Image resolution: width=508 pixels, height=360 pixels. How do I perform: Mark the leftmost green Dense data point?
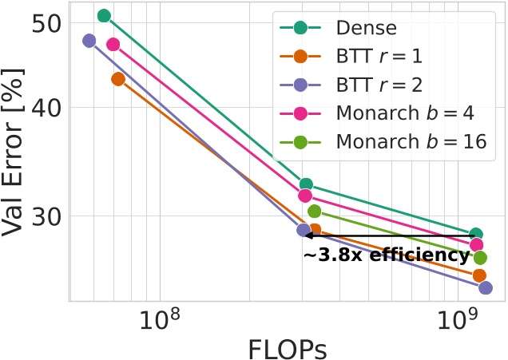[104, 16]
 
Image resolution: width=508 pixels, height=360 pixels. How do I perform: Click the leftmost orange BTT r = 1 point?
[118, 78]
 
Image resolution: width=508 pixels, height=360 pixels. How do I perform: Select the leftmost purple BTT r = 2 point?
[89, 41]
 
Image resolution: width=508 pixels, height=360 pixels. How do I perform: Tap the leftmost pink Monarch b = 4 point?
[113, 45]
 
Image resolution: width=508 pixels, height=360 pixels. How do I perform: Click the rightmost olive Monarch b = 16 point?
[480, 258]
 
